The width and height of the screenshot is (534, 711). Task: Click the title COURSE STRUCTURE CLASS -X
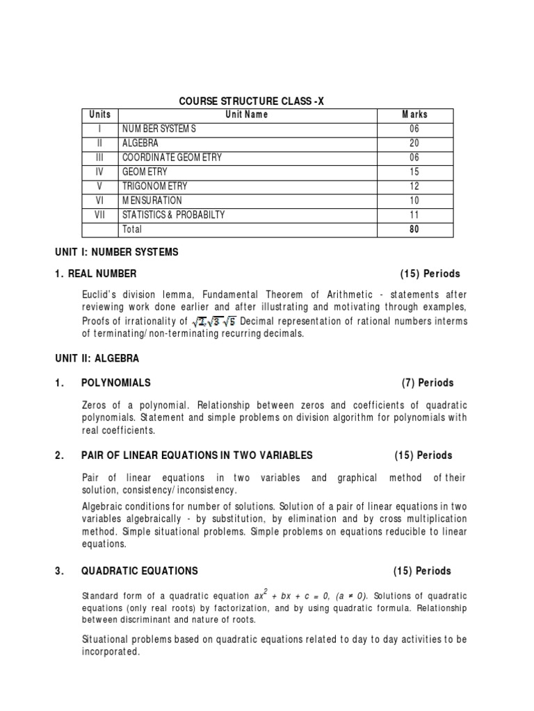click(252, 101)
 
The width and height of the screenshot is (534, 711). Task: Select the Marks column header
click(415, 115)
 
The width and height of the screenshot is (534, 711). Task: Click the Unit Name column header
click(246, 115)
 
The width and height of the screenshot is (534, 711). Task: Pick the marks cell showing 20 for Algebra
click(415, 143)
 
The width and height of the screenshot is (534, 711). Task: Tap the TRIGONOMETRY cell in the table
click(155, 186)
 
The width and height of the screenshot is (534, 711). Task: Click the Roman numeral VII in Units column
click(100, 215)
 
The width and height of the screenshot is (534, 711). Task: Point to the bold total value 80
click(415, 229)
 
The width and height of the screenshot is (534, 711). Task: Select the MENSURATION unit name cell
click(152, 200)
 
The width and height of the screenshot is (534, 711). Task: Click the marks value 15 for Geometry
click(415, 172)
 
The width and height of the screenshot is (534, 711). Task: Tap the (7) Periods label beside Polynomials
click(427, 383)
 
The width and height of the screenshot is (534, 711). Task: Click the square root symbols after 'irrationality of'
click(214, 321)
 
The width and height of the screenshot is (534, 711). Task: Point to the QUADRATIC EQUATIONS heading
click(140, 571)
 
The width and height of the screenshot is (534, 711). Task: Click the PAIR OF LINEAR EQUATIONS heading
click(197, 455)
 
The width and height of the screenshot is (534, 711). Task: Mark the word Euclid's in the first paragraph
click(99, 294)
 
